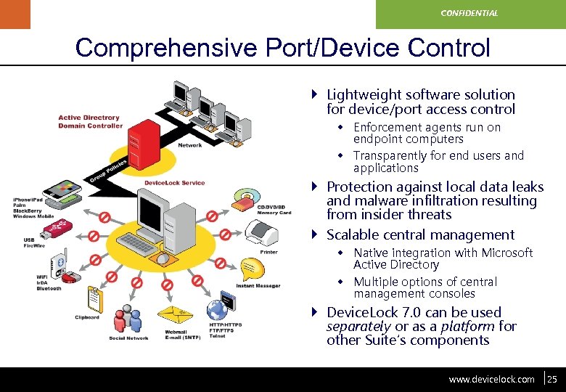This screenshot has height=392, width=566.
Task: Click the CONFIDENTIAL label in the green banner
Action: [470, 13]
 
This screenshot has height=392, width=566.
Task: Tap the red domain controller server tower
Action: [148, 141]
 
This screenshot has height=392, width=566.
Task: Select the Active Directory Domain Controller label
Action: [90, 121]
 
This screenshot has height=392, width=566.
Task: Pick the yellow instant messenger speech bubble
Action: [250, 266]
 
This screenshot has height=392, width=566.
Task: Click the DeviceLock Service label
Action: [174, 183]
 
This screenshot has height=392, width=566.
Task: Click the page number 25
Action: [552, 379]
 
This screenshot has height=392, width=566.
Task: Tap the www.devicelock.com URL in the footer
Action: [491, 379]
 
